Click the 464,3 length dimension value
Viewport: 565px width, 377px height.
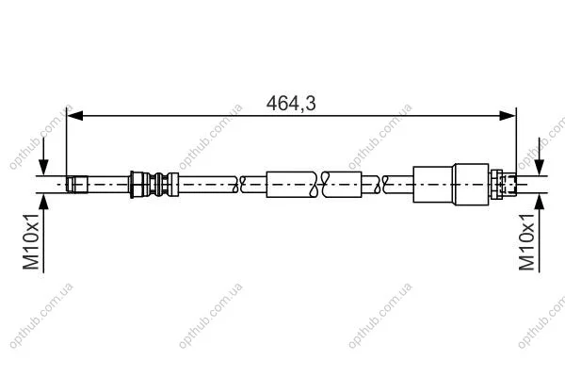[x=291, y=104]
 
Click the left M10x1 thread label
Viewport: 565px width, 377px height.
[x=31, y=241]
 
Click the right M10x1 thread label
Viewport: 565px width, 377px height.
[x=526, y=241]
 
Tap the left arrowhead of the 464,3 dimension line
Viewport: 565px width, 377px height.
[x=75, y=116]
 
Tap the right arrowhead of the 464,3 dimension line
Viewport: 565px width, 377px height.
[x=508, y=116]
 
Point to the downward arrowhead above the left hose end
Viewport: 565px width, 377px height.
[x=43, y=168]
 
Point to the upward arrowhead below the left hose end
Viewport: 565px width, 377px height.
[x=43, y=202]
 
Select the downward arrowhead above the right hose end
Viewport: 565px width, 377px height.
[x=540, y=168]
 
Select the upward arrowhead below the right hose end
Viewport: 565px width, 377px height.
[x=540, y=202]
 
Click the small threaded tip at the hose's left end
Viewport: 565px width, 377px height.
[x=77, y=185]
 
